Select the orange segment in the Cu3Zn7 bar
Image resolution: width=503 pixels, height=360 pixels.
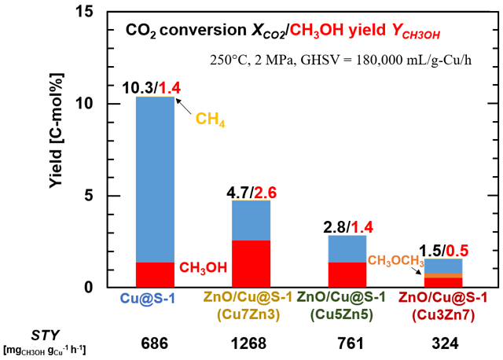pyautogui.click(x=444, y=275)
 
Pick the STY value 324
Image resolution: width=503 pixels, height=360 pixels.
pyautogui.click(x=444, y=343)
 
